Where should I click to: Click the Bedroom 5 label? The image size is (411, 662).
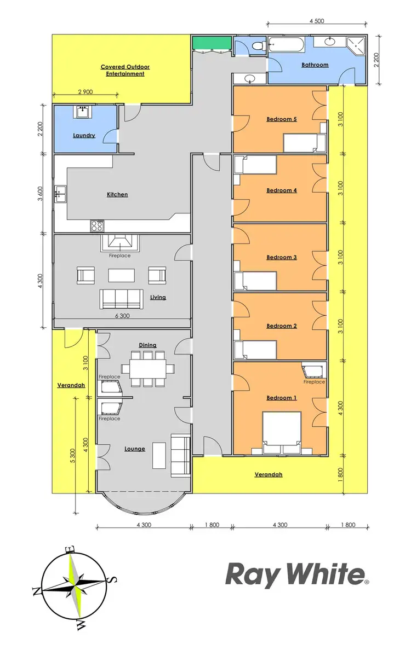coord(281,119)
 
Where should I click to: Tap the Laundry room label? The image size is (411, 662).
coord(84,135)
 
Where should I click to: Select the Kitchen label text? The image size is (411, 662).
coord(117,194)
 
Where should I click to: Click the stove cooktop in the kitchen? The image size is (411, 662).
coord(98,225)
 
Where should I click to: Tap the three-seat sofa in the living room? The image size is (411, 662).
coord(121,299)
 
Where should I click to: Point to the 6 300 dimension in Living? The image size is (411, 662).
coord(122,316)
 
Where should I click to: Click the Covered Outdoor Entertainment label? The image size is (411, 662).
coord(125,70)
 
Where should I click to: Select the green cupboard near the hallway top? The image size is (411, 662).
coord(212,43)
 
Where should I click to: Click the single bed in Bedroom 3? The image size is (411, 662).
coord(255,281)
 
